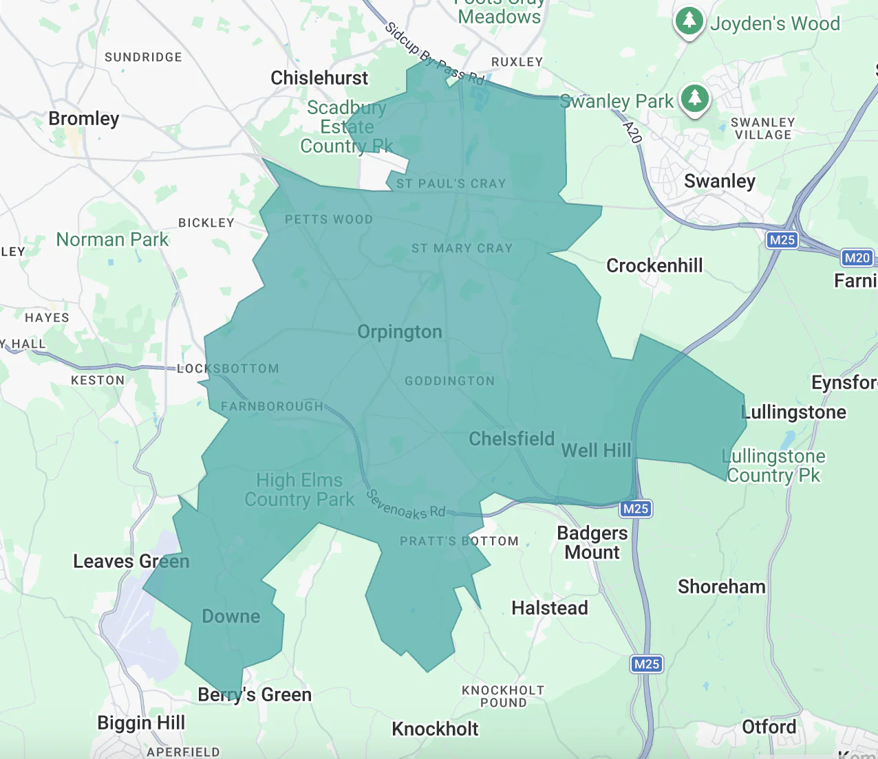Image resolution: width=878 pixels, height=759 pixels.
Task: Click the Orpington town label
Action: (400, 332)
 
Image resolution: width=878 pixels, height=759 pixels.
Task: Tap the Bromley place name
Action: (83, 119)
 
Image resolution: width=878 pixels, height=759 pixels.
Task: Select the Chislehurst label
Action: (319, 78)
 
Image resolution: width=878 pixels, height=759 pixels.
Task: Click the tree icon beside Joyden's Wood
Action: (689, 21)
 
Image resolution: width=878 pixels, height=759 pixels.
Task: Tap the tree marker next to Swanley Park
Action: (694, 98)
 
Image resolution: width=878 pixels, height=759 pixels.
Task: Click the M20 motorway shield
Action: (857, 258)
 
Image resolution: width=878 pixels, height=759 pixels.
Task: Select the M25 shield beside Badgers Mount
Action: (635, 509)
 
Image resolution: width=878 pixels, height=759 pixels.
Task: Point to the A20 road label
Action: (632, 132)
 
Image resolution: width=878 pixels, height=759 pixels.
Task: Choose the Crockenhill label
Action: (654, 266)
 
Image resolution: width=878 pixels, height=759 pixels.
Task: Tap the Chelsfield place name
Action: (511, 439)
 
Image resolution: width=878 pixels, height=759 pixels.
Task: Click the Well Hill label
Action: (596, 451)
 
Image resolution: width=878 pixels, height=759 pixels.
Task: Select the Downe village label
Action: (231, 617)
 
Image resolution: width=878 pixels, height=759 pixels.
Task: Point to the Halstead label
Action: (550, 608)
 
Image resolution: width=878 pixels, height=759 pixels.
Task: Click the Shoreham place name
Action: (721, 587)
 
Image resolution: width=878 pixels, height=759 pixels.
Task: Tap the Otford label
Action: (769, 727)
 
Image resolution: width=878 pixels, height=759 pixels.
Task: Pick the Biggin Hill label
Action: (141, 723)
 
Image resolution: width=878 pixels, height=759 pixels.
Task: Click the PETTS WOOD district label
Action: (329, 220)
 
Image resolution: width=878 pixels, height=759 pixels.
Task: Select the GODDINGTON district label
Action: (449, 382)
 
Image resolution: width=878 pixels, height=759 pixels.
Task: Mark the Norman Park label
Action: (112, 240)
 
